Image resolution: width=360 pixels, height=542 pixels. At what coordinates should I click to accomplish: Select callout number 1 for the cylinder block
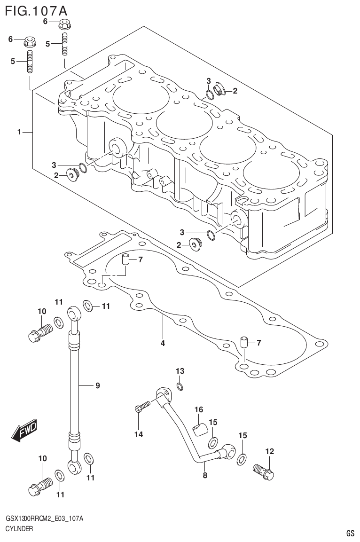(x=19, y=133)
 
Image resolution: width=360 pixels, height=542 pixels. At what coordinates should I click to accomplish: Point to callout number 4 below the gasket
(x=163, y=343)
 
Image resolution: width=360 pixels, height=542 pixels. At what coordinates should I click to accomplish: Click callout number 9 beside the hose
(x=98, y=386)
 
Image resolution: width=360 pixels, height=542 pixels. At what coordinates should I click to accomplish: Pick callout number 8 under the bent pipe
(x=205, y=475)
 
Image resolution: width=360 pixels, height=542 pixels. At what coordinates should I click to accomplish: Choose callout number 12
(x=269, y=451)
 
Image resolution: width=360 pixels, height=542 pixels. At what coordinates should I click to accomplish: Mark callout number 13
(x=180, y=371)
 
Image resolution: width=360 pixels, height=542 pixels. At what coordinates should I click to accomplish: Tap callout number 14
(x=138, y=434)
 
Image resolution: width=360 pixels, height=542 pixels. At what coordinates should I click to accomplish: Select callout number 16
(x=199, y=410)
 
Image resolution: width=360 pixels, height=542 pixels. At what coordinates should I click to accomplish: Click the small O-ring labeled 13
(x=180, y=386)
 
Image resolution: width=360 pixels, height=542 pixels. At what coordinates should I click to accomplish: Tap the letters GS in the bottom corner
(x=350, y=533)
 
